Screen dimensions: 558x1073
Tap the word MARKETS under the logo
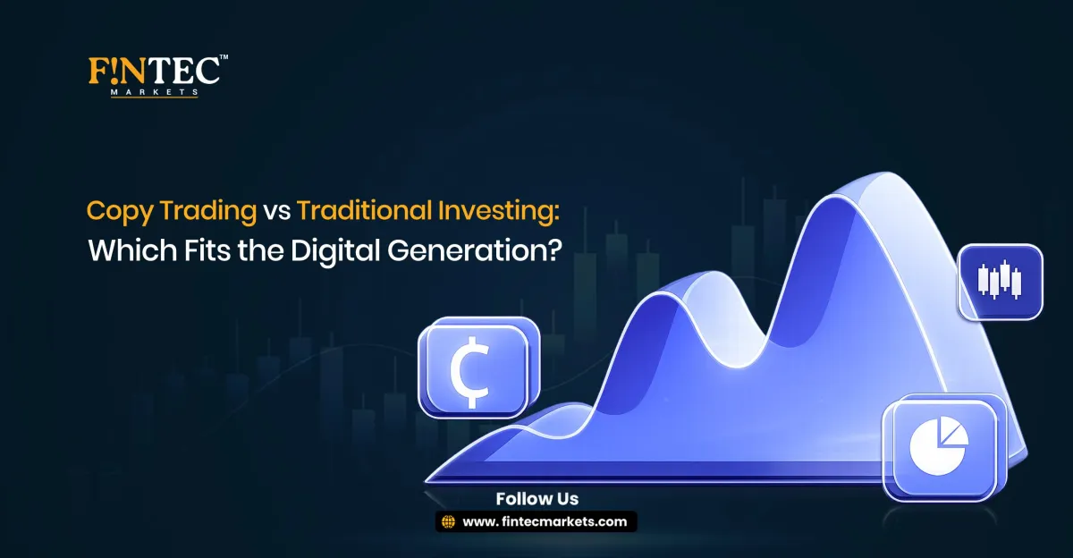click(154, 91)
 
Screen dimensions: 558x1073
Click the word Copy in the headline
click(111, 211)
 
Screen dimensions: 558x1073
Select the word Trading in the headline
click(198, 211)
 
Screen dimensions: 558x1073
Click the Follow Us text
click(536, 499)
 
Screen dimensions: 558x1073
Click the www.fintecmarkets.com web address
click(545, 522)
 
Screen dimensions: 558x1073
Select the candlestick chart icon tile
click(1000, 280)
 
